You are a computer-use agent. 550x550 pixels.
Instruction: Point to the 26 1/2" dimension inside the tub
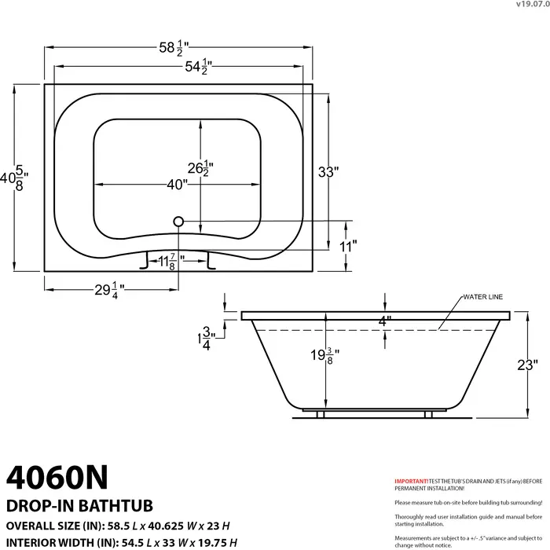pyautogui.click(x=200, y=167)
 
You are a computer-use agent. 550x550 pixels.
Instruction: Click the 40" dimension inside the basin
pyautogui.click(x=177, y=185)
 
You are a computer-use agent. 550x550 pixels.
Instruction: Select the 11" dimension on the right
pyautogui.click(x=348, y=245)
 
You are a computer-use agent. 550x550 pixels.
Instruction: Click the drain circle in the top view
pyautogui.click(x=178, y=222)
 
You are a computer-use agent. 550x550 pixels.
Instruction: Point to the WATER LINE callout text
pyautogui.click(x=482, y=297)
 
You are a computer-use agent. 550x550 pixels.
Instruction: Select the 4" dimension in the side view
pyautogui.click(x=384, y=321)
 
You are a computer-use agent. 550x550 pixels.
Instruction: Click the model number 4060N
pyautogui.click(x=57, y=476)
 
